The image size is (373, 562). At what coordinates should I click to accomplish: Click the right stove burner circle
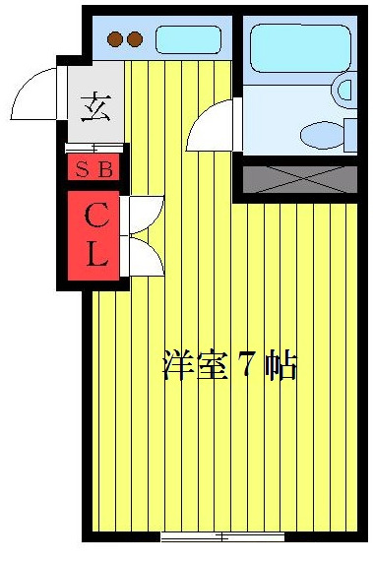(135, 40)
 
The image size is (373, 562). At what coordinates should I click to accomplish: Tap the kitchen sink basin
(188, 40)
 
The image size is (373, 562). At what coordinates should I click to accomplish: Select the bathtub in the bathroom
(293, 46)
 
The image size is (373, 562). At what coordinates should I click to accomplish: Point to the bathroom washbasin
(343, 91)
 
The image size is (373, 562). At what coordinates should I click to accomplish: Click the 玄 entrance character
(95, 104)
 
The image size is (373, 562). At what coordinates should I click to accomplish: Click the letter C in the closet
(96, 215)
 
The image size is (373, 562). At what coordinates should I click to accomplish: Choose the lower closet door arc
(147, 257)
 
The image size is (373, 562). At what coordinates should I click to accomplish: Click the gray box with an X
(299, 179)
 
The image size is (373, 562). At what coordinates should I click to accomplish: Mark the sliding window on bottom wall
(221, 536)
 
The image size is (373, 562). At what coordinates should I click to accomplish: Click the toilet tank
(350, 134)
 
